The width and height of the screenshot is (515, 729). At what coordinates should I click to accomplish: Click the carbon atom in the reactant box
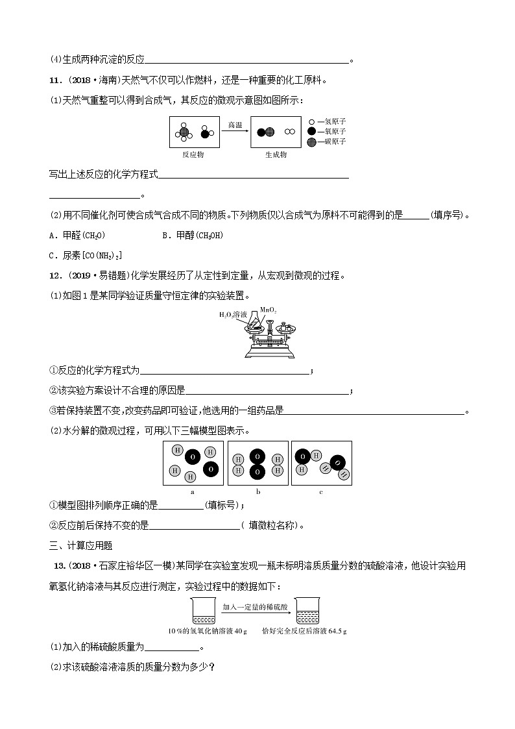[x=184, y=132]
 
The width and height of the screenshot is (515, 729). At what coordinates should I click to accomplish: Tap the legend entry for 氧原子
[x=327, y=131]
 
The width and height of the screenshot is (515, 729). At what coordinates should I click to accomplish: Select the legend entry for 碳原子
[x=327, y=141]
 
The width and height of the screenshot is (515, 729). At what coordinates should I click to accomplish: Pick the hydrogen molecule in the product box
[x=289, y=132]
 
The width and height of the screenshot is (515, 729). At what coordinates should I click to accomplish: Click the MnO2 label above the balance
[x=269, y=310]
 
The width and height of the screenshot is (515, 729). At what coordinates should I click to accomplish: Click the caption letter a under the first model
[x=193, y=491]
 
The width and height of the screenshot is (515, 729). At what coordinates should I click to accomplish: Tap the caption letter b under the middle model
[x=257, y=491]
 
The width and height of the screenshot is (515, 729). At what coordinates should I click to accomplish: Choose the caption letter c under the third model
[x=320, y=491]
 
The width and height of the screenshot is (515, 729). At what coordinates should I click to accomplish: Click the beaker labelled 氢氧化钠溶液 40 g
[x=200, y=612]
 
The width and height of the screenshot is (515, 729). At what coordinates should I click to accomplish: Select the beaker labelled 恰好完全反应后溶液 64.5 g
[x=305, y=612]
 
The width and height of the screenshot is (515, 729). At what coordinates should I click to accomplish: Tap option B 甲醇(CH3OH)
[x=192, y=236]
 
